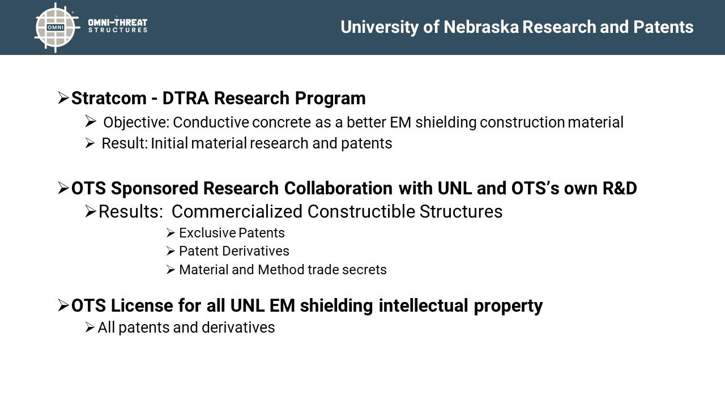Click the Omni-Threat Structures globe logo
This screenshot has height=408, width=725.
[56, 28]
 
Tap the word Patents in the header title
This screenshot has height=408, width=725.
[663, 27]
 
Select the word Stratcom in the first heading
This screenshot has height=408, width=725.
[109, 98]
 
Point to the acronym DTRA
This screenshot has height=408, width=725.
[185, 98]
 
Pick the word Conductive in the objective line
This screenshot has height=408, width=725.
[211, 122]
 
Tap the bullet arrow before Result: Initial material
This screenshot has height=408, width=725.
[89, 143]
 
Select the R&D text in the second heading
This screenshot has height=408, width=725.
[620, 189]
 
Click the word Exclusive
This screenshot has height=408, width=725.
[207, 233]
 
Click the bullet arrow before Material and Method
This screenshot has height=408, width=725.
[170, 270]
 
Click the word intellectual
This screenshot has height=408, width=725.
[423, 305]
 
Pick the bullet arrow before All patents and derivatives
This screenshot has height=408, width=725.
[89, 328]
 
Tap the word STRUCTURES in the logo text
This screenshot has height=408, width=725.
[118, 30]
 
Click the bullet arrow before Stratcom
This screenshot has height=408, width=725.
[63, 98]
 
